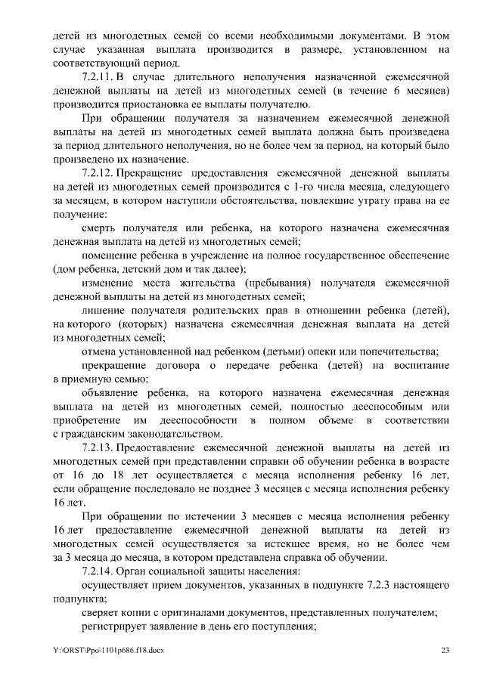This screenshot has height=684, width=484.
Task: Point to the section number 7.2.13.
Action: point(98,447)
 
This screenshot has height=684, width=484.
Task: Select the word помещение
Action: point(110,255)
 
